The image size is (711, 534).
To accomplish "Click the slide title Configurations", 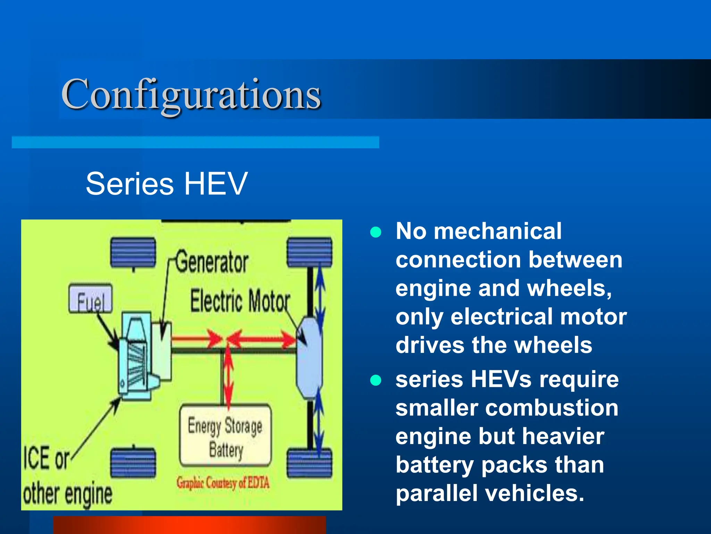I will tap(191, 95).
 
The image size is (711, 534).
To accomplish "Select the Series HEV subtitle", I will tap(167, 184).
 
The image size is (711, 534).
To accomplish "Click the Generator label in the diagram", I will tap(212, 262).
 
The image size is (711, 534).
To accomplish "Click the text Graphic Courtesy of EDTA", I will tap(223, 483).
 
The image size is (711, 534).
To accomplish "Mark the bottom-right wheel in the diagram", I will tap(309, 464).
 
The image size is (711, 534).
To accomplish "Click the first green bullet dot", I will tap(376, 232).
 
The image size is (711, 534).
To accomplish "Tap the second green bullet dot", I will tap(376, 380).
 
